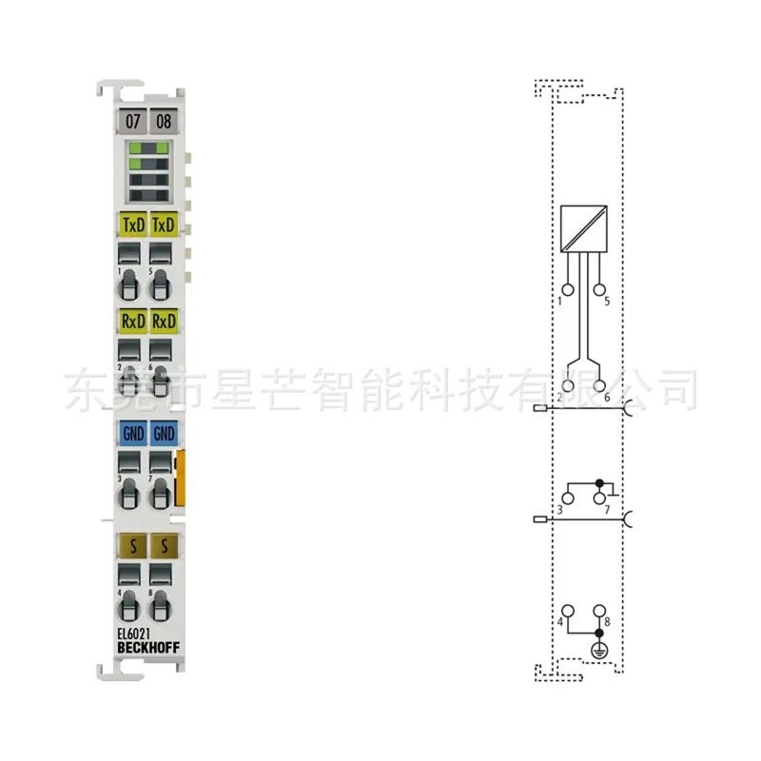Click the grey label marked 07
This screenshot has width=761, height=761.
click(x=133, y=121)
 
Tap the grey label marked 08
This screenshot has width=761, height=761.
click(x=164, y=121)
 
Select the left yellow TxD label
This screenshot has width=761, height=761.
click(x=133, y=225)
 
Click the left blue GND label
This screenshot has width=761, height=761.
click(x=133, y=434)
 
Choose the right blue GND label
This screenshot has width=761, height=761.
click(x=165, y=434)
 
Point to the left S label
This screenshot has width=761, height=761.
click(x=133, y=545)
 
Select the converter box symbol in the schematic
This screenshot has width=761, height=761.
click(x=584, y=228)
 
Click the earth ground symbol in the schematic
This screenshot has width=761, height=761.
click(x=599, y=651)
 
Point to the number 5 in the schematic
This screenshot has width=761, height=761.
click(x=606, y=302)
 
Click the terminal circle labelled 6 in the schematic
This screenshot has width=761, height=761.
click(x=599, y=385)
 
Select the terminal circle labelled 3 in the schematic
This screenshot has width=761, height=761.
click(x=569, y=497)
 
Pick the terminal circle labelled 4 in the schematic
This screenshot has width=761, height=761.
click(x=569, y=610)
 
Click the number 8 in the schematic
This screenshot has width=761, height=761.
click(x=607, y=622)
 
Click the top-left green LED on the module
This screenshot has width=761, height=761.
click(x=135, y=147)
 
